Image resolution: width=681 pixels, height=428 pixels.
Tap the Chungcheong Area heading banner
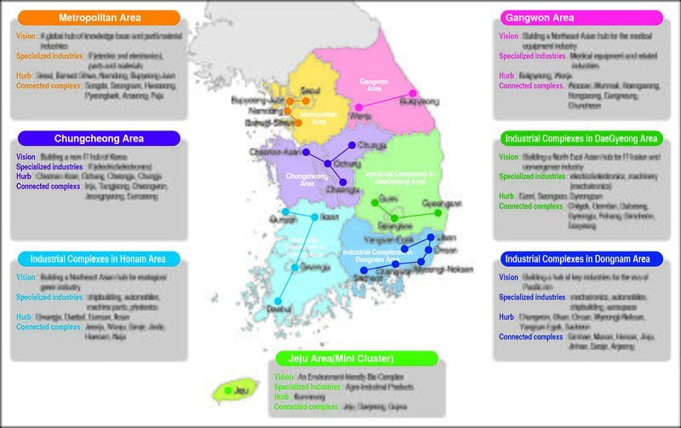[x=99, y=138]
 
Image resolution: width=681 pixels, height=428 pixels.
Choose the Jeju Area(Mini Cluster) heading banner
[x=356, y=358]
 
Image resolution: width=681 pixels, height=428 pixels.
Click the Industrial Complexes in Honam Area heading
[x=98, y=258]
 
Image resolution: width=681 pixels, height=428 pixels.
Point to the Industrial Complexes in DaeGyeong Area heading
[x=581, y=138]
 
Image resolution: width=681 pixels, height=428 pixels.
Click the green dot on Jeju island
[x=228, y=391]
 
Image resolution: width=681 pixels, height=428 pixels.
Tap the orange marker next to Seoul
[x=306, y=101]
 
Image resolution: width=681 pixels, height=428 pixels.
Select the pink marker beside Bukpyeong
[x=413, y=93]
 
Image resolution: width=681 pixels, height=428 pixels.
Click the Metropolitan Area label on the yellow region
[x=318, y=118]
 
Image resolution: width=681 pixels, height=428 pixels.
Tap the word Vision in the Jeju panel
[x=283, y=377]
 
